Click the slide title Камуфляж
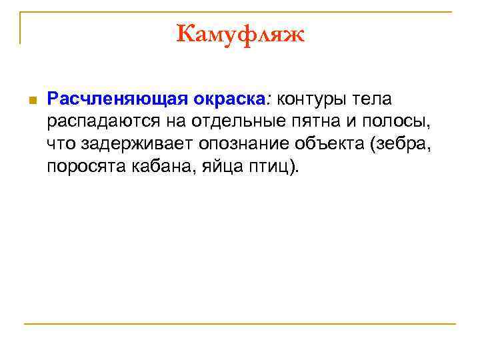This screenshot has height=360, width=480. click(x=240, y=33)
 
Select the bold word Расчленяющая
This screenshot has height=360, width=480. click(x=117, y=99)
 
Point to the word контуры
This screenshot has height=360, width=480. click(x=311, y=99)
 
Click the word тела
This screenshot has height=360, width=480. click(x=372, y=99)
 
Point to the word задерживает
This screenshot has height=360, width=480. click(x=134, y=143)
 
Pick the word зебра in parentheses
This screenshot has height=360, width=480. click(x=403, y=143)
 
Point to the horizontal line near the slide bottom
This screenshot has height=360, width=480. click(x=240, y=324)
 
